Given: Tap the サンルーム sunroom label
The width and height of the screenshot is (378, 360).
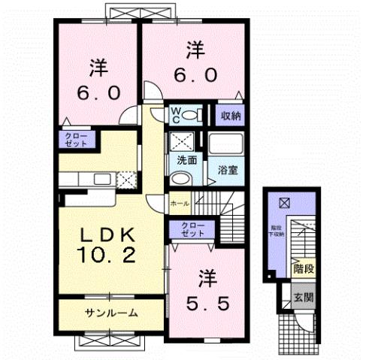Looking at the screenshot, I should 110,312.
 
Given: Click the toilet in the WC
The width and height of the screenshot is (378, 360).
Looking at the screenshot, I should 192,115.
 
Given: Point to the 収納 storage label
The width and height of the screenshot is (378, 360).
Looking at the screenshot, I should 230,115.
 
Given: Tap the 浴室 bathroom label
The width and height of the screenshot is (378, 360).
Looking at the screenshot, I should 228,169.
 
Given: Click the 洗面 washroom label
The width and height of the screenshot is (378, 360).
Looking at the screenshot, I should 187,159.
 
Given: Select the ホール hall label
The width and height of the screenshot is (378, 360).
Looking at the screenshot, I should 179,203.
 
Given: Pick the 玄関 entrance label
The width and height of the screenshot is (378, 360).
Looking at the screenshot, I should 303,296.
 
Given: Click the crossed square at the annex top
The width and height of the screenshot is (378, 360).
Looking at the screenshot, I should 284,202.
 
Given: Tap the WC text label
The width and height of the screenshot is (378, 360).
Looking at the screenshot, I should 174,115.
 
